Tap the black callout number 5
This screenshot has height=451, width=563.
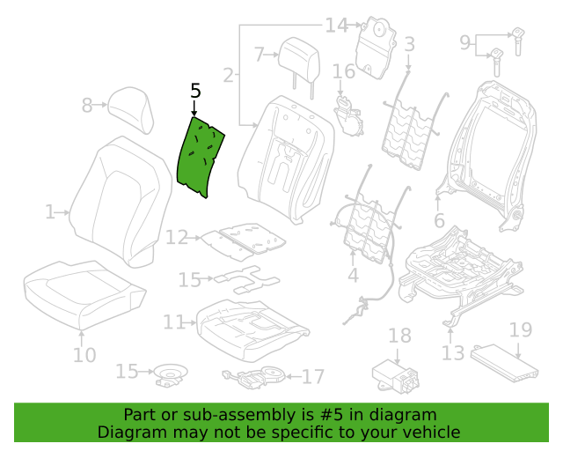[195, 91]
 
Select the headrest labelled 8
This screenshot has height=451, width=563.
[132, 109]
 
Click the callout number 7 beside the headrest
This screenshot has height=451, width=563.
[260, 55]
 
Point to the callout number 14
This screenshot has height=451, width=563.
[336, 26]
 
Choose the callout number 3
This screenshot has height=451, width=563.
[409, 44]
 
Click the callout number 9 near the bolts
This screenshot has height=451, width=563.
[465, 43]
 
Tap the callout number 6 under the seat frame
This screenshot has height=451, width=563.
[439, 220]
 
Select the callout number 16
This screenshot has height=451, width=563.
[344, 71]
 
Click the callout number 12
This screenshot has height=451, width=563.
[177, 237]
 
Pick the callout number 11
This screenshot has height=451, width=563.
[174, 322]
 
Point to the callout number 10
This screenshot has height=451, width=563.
[84, 355]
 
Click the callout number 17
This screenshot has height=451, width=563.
[313, 376]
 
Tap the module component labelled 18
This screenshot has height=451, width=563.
[395, 376]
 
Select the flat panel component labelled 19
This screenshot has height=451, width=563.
[504, 363]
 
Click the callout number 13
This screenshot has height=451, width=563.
[453, 353]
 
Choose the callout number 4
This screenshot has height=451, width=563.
[354, 275]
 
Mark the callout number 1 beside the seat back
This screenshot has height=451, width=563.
[50, 212]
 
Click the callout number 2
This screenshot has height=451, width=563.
[229, 76]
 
